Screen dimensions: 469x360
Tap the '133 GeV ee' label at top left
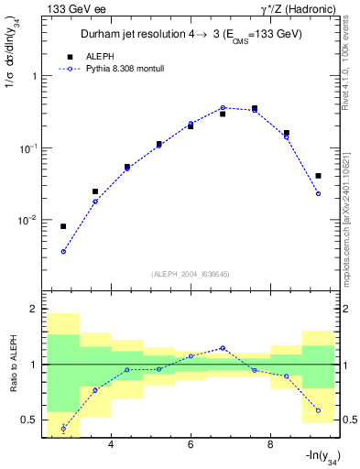click(76, 9)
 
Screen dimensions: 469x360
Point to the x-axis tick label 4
click(111, 444)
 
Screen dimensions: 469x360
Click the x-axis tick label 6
click(191, 444)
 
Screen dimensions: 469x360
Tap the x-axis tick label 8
click(270, 444)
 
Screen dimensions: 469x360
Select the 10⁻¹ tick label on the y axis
click(30, 147)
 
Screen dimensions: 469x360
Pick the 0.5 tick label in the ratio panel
click(30, 420)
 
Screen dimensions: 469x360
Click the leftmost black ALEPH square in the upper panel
click(63, 226)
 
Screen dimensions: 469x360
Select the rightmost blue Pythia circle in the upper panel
click(318, 193)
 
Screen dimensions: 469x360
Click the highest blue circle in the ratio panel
click(223, 348)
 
